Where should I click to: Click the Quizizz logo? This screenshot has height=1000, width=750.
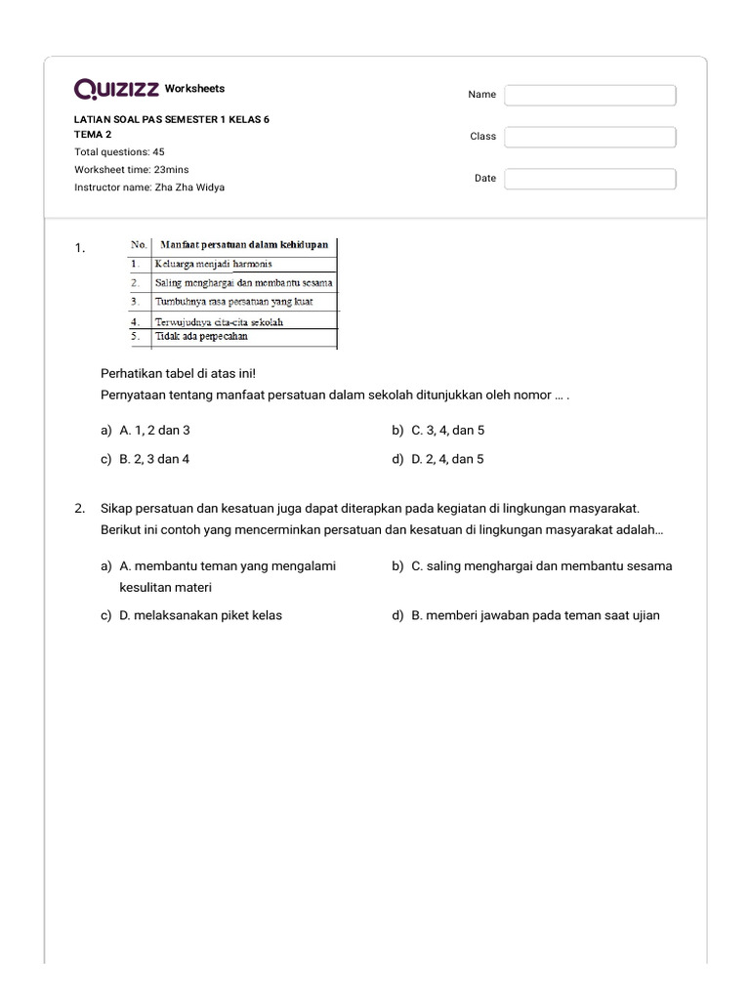(x=116, y=90)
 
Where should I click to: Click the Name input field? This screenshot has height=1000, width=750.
(x=590, y=95)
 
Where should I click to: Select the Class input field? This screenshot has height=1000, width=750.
(x=590, y=137)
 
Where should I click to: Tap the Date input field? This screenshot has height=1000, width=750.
(x=590, y=179)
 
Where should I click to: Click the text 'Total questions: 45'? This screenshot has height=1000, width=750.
(x=119, y=152)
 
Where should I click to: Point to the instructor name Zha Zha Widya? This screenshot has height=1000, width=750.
(x=149, y=187)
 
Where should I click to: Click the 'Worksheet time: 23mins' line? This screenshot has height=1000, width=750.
(x=132, y=170)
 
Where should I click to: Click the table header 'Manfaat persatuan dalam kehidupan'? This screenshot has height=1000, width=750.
(x=243, y=245)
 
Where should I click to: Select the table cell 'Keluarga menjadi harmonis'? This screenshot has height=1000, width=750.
(x=213, y=264)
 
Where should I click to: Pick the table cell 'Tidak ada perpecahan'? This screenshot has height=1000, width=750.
(x=201, y=336)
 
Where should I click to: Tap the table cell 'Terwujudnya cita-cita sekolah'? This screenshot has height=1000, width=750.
(x=220, y=321)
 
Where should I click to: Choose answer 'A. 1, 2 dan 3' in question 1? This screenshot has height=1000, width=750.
(x=153, y=430)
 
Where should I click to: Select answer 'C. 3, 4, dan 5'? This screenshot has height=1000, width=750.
(x=447, y=430)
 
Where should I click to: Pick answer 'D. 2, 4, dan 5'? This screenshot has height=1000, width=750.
(x=447, y=459)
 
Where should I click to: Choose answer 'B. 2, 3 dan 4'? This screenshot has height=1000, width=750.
(x=153, y=459)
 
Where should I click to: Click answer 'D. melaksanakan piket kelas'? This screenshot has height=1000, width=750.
(x=200, y=615)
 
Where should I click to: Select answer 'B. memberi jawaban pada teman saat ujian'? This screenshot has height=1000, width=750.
(x=535, y=615)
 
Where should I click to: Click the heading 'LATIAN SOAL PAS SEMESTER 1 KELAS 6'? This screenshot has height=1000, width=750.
(x=171, y=119)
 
